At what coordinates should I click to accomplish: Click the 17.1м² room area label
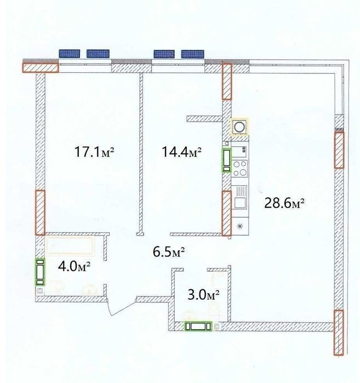94,152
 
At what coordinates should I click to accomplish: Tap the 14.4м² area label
181,152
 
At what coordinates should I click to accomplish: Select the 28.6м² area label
284,203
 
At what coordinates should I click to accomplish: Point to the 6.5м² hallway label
169,252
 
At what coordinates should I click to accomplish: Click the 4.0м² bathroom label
75,266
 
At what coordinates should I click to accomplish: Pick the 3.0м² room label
203,295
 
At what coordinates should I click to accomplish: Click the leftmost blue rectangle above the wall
70,54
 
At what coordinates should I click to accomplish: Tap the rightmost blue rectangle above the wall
193,54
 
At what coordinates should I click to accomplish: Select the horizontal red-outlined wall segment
41,67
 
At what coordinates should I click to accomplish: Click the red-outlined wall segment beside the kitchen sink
226,213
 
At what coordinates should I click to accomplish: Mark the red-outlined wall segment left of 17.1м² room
41,212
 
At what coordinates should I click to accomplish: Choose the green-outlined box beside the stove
226,160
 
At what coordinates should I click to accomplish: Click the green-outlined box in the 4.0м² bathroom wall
41,272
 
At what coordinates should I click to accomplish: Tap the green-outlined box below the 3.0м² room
198,327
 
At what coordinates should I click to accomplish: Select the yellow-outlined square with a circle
239,127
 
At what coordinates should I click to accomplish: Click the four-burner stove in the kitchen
240,169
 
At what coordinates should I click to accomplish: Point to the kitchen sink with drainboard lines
240,197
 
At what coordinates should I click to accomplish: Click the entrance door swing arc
119,308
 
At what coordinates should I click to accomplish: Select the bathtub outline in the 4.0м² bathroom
70,245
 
